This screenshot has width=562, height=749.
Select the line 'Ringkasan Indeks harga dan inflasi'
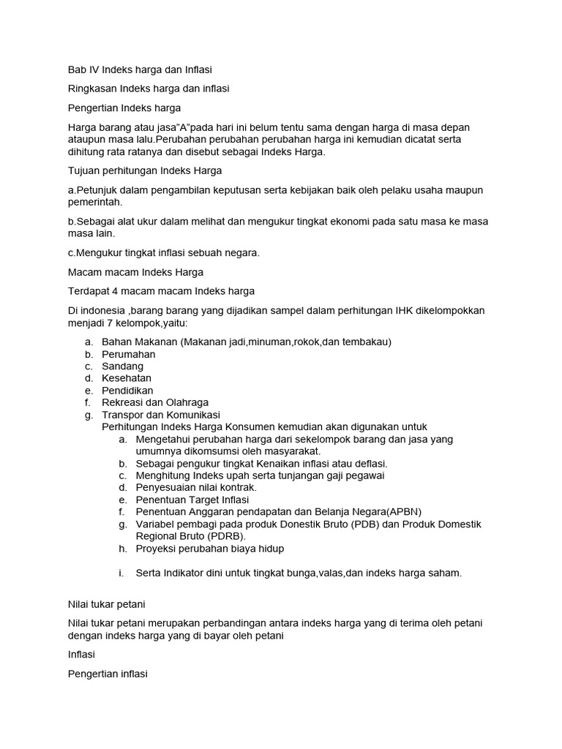click(148, 89)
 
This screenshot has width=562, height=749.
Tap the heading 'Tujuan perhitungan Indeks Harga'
click(143, 171)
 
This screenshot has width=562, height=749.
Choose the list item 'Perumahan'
click(128, 354)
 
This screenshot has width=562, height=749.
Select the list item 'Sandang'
click(122, 366)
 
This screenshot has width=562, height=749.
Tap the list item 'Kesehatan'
click(127, 378)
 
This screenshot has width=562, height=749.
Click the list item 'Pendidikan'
click(127, 391)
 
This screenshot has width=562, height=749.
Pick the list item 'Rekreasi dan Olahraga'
click(155, 402)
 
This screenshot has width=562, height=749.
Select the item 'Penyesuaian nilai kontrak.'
click(196, 487)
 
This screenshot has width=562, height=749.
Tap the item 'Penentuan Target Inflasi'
click(192, 500)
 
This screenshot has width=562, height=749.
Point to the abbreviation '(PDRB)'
click(226, 536)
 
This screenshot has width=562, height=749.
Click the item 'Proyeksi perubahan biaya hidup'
click(210, 549)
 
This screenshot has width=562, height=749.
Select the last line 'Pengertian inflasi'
click(107, 674)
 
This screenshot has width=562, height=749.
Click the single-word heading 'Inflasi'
click(81, 655)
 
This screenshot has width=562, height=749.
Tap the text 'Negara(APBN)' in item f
click(387, 511)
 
